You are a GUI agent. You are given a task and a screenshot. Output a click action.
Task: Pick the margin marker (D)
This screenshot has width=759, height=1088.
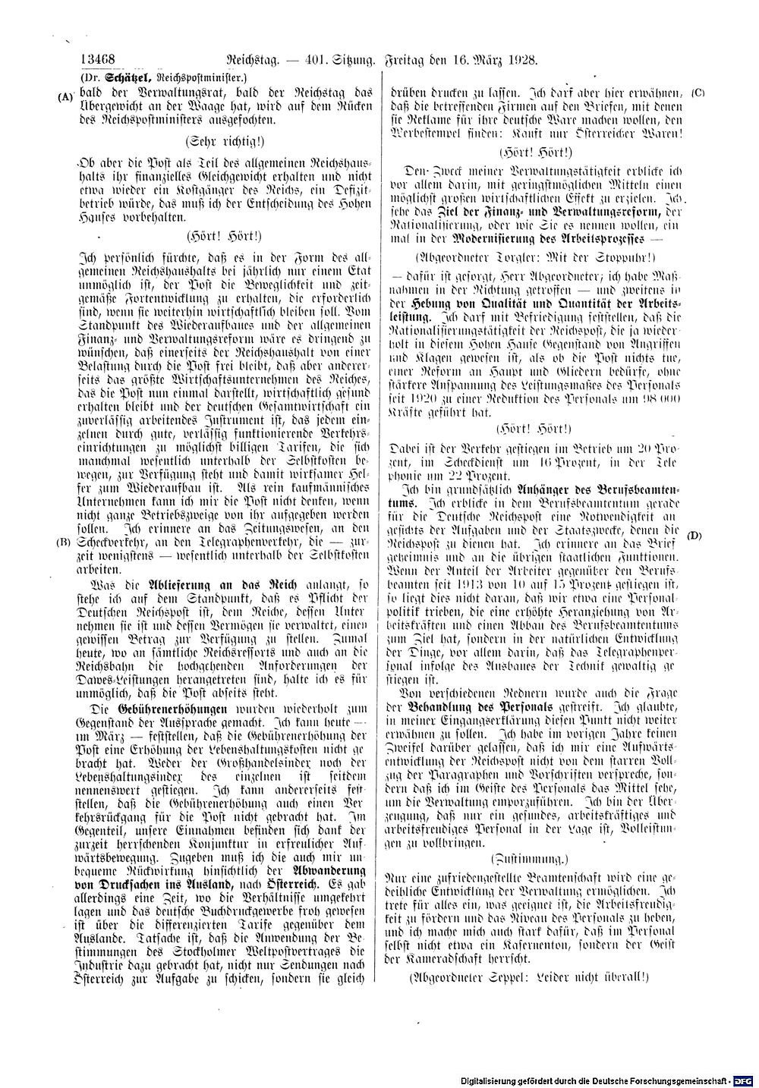694,536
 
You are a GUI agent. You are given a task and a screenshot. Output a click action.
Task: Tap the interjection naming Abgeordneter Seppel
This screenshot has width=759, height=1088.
528,978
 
